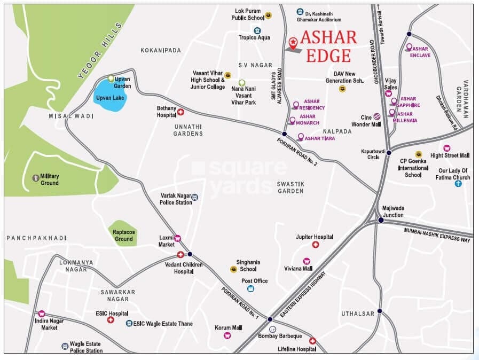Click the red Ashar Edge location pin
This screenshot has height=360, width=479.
293,42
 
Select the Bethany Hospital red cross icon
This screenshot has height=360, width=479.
180,112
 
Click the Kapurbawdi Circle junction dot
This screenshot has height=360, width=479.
389,153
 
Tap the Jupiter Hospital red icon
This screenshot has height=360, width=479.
316,245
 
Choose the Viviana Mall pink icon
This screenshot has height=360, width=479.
307,261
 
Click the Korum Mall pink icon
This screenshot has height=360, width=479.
227,335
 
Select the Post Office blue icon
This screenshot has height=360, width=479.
250,289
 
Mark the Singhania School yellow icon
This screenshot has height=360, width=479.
233,269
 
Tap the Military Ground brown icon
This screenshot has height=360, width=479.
36,177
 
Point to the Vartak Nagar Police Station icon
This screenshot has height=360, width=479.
195,197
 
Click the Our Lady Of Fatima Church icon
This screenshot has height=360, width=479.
458,184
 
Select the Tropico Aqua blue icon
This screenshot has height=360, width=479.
257,30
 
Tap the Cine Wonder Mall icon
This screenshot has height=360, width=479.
376,116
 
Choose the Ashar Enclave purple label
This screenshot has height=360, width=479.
422,52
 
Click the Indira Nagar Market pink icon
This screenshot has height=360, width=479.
42,314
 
